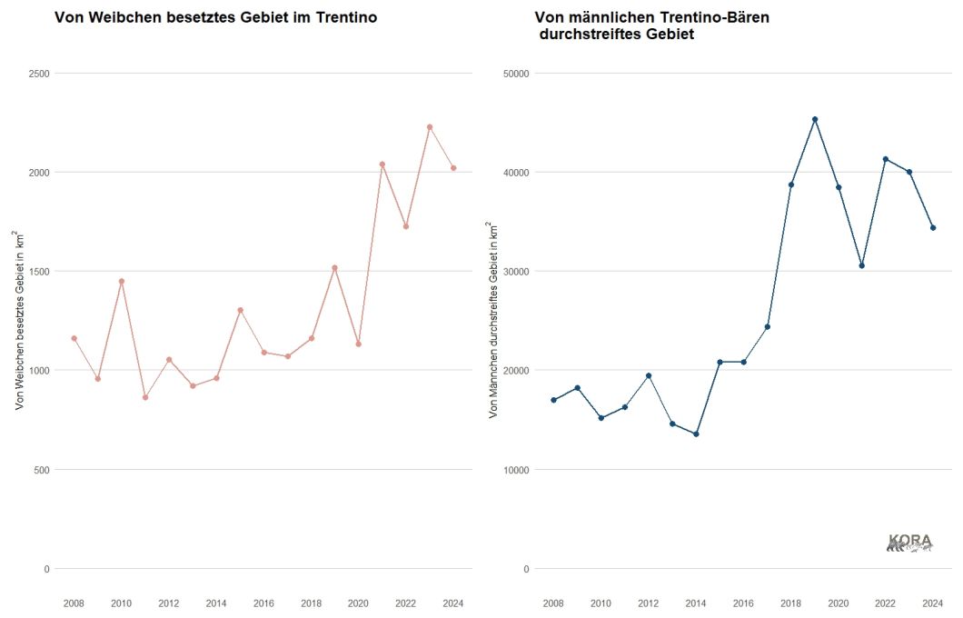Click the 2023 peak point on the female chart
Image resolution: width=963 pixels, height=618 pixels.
[430, 127]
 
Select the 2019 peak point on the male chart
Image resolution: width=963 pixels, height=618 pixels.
[815, 119]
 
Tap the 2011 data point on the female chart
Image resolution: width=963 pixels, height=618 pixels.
[145, 397]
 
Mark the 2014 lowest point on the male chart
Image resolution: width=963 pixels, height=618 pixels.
[696, 434]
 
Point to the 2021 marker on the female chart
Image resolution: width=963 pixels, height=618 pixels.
[382, 164]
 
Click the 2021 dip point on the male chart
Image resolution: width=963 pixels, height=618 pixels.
[862, 265]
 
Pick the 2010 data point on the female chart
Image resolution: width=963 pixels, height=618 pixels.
[122, 282]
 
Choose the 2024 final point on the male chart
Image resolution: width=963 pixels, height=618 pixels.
[933, 228]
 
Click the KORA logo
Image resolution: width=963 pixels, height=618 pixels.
[909, 543]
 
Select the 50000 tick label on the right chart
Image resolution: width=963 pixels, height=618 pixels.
[517, 73]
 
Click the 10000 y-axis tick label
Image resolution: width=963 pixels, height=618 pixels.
[517, 470]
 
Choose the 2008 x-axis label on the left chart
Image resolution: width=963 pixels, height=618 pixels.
[74, 603]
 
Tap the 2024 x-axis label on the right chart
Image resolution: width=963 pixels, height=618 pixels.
[933, 603]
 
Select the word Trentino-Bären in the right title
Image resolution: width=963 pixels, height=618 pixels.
[720, 17]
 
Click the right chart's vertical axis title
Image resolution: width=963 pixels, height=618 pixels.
[494, 320]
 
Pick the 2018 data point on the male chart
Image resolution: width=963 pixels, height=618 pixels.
[791, 184]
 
